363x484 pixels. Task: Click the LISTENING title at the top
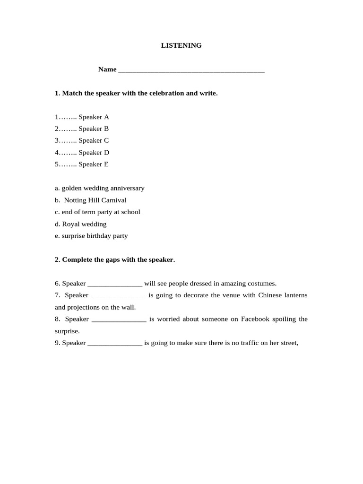(181, 46)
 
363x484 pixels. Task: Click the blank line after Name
(191, 70)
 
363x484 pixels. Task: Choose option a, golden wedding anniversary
(100, 188)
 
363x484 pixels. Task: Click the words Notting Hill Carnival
(95, 200)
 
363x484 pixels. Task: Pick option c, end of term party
(97, 212)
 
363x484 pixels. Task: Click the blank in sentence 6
(115, 284)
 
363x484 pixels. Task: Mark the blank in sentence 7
(118, 296)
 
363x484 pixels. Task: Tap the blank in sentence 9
(115, 344)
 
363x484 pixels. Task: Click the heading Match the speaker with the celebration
(136, 93)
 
